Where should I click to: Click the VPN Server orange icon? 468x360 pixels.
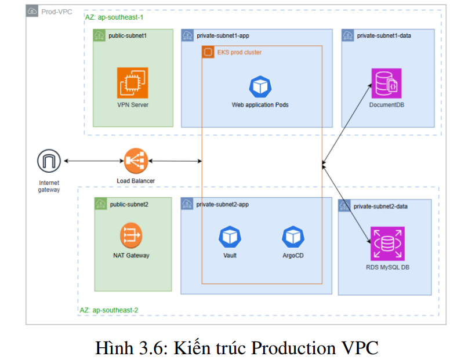[133, 83]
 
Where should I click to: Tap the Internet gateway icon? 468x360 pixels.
[49, 161]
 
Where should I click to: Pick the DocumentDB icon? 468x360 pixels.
[387, 83]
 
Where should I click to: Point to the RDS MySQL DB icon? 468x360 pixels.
[387, 244]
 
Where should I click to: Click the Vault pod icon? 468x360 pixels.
[230, 237]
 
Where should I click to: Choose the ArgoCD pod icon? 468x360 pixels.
[293, 237]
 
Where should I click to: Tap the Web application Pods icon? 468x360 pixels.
[260, 86]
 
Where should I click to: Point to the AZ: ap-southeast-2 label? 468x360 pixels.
[108, 310]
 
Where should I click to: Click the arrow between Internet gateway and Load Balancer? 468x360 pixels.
[93, 161]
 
